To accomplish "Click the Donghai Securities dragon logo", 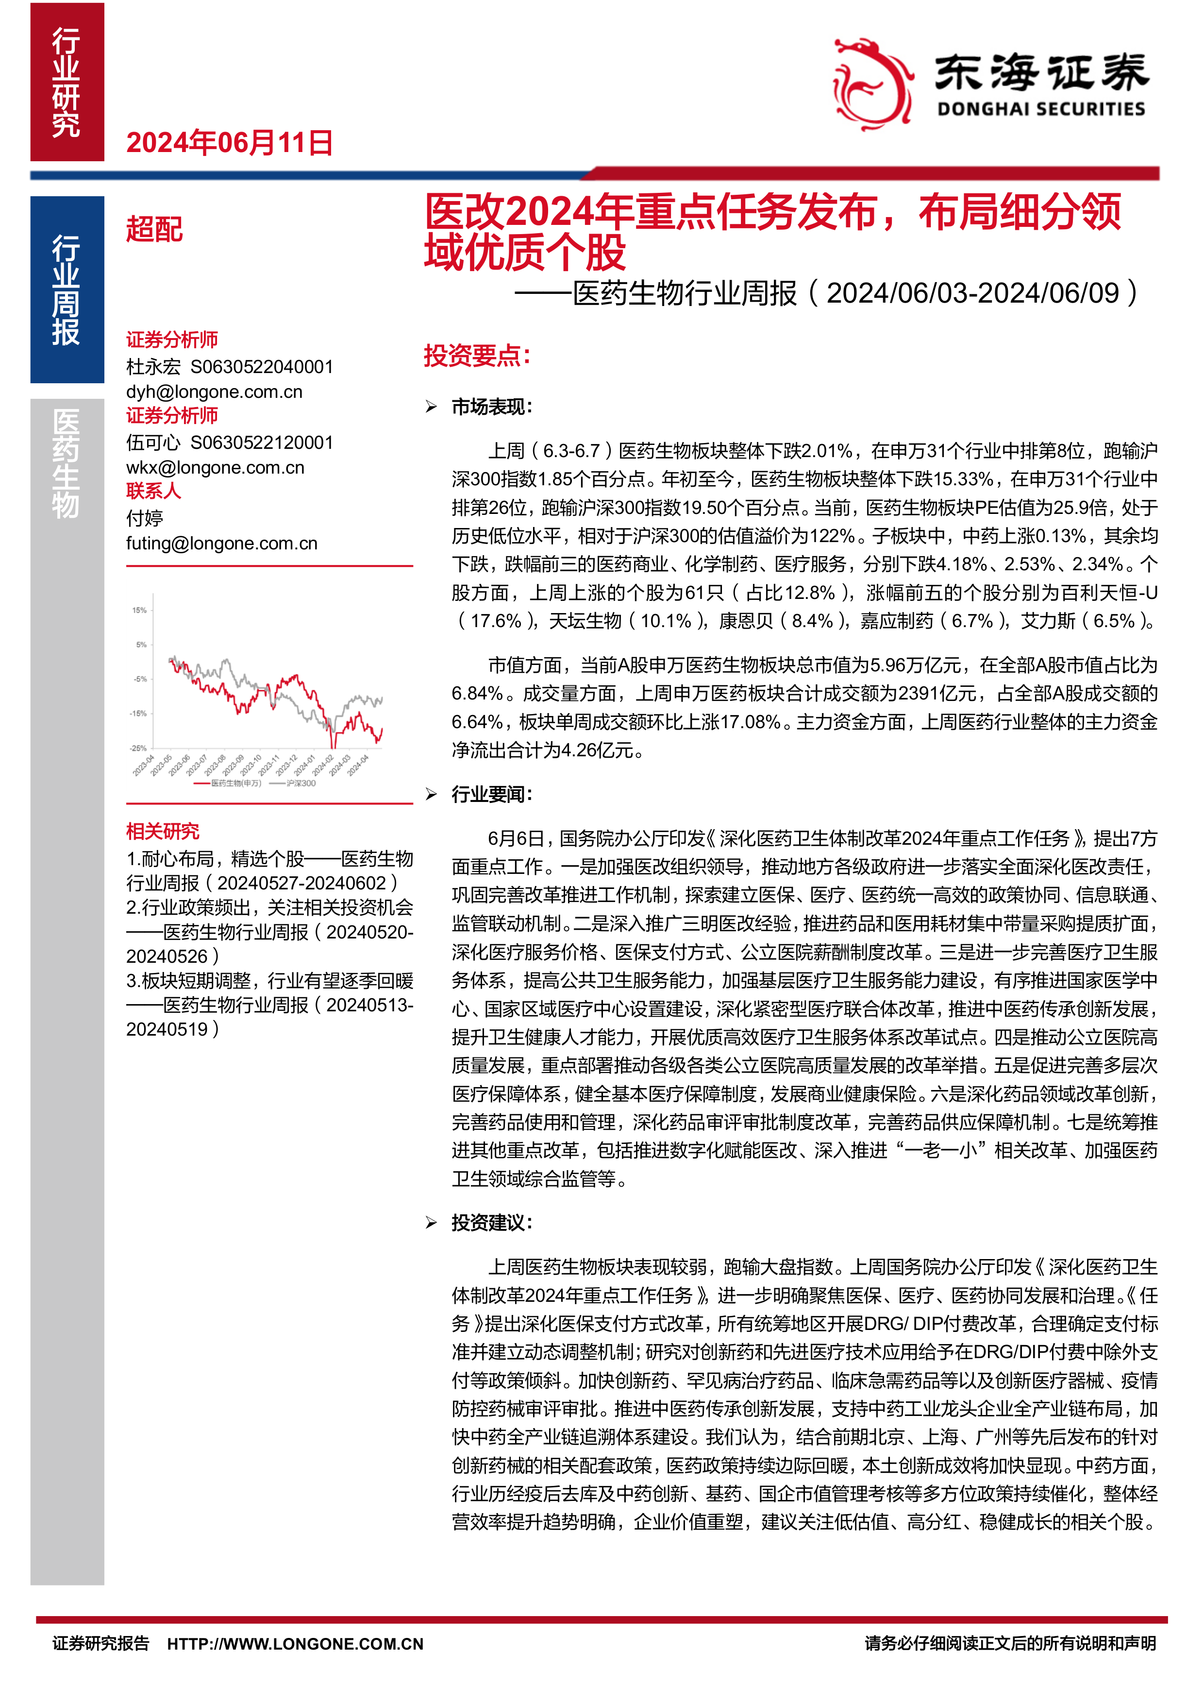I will [872, 84].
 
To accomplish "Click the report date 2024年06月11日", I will [229, 142].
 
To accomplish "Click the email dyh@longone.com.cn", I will [215, 392].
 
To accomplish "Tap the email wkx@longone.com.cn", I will [215, 468].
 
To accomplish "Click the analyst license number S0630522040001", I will [262, 367].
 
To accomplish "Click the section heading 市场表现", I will [491, 407].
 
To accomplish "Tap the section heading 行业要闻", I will [491, 794].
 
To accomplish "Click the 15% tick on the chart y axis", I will [139, 610].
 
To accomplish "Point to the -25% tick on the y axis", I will [139, 748].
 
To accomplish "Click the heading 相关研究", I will [163, 831].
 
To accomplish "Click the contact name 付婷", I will [145, 518].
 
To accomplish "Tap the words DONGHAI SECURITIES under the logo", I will [1041, 110].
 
